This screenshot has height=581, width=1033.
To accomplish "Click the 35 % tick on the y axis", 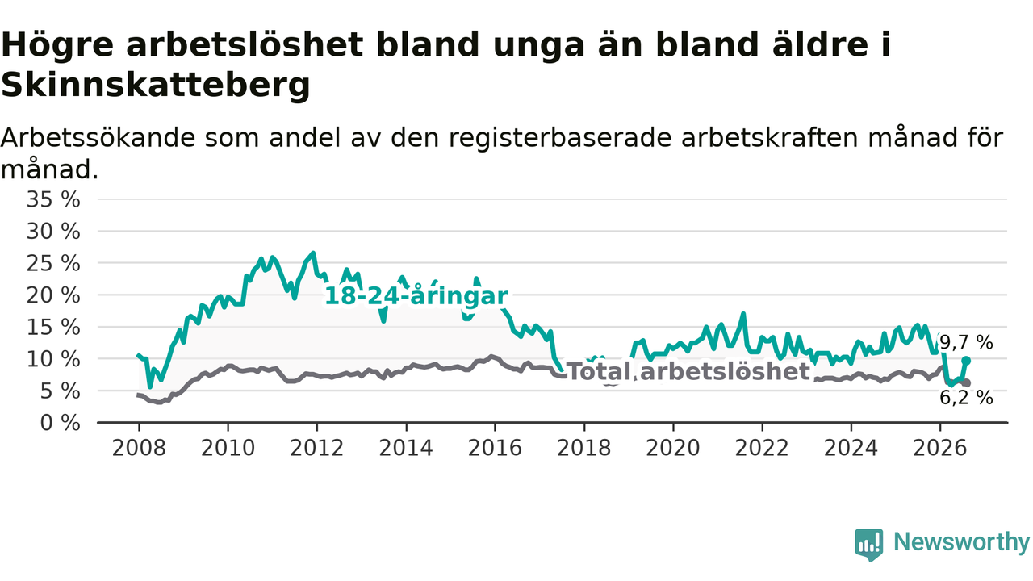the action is coord(53,199).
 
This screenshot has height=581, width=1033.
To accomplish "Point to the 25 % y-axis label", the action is coord(53,264).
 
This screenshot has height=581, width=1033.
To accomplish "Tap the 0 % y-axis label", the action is coord(60,423).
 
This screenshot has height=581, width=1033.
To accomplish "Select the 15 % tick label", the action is coord(53,328).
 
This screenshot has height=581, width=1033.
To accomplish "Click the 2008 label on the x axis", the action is coord(139,448).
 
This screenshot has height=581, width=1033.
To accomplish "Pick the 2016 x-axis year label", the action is coord(495,448).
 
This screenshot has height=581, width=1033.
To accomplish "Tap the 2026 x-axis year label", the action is coord(940,448).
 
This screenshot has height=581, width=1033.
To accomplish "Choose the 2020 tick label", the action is coord(673,448).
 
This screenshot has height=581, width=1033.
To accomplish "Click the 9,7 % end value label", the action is coord(966,343).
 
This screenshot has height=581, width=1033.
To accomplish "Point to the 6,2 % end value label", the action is coord(966,398).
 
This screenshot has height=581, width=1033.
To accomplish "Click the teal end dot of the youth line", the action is coord(966,361).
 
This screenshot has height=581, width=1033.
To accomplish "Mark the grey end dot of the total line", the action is coord(967,383).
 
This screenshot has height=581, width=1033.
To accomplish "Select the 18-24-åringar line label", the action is coord(416,295).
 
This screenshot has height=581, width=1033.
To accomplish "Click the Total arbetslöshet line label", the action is coord(688,371).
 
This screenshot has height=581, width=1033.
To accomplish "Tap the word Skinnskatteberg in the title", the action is coord(156,86).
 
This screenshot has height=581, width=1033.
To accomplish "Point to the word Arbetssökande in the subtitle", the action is coord(98,138).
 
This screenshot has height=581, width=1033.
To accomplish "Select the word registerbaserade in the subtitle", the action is coord(560,139).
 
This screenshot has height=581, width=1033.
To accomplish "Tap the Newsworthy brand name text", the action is coord(962,542).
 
